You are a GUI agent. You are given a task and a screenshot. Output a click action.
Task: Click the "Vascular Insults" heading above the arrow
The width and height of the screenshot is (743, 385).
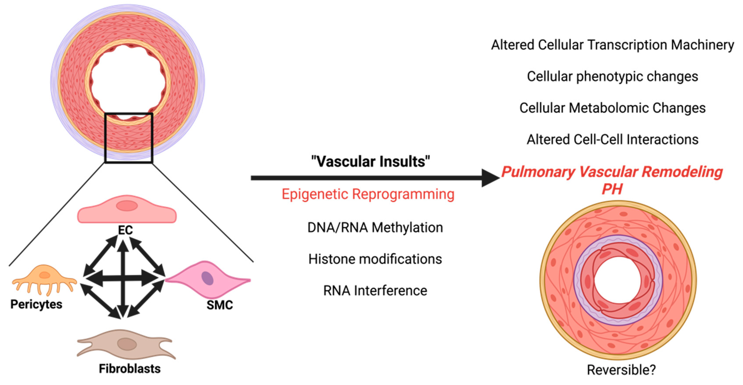coord(370,161)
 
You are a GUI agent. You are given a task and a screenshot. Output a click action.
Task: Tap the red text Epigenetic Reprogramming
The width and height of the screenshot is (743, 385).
coord(368,194)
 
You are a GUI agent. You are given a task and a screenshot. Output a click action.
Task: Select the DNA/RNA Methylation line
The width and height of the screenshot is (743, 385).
coord(375,228)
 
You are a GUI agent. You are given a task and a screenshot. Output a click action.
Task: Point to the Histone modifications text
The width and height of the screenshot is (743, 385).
coord(375,259)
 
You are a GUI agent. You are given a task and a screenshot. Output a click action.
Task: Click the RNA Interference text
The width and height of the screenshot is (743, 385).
coord(375,291)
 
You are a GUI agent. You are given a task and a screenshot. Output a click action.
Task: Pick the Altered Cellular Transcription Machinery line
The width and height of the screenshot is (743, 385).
coord(612,45)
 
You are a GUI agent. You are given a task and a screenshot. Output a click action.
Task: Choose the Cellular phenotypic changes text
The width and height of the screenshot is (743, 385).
coord(612,77)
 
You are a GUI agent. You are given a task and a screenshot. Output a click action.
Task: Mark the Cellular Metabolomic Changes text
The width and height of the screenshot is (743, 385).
coord(612,108)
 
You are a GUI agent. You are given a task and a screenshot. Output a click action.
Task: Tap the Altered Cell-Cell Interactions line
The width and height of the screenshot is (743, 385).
coord(612,140)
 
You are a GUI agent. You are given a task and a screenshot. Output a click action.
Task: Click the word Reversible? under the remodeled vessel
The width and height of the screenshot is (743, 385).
coord(621,370)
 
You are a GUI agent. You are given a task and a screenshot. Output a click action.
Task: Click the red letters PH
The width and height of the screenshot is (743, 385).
coord(612,189)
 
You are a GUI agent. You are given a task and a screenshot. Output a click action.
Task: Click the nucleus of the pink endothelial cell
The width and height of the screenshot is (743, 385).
coord(127,206)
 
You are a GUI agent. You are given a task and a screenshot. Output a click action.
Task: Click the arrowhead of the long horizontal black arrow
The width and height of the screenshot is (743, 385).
coord(490,178)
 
